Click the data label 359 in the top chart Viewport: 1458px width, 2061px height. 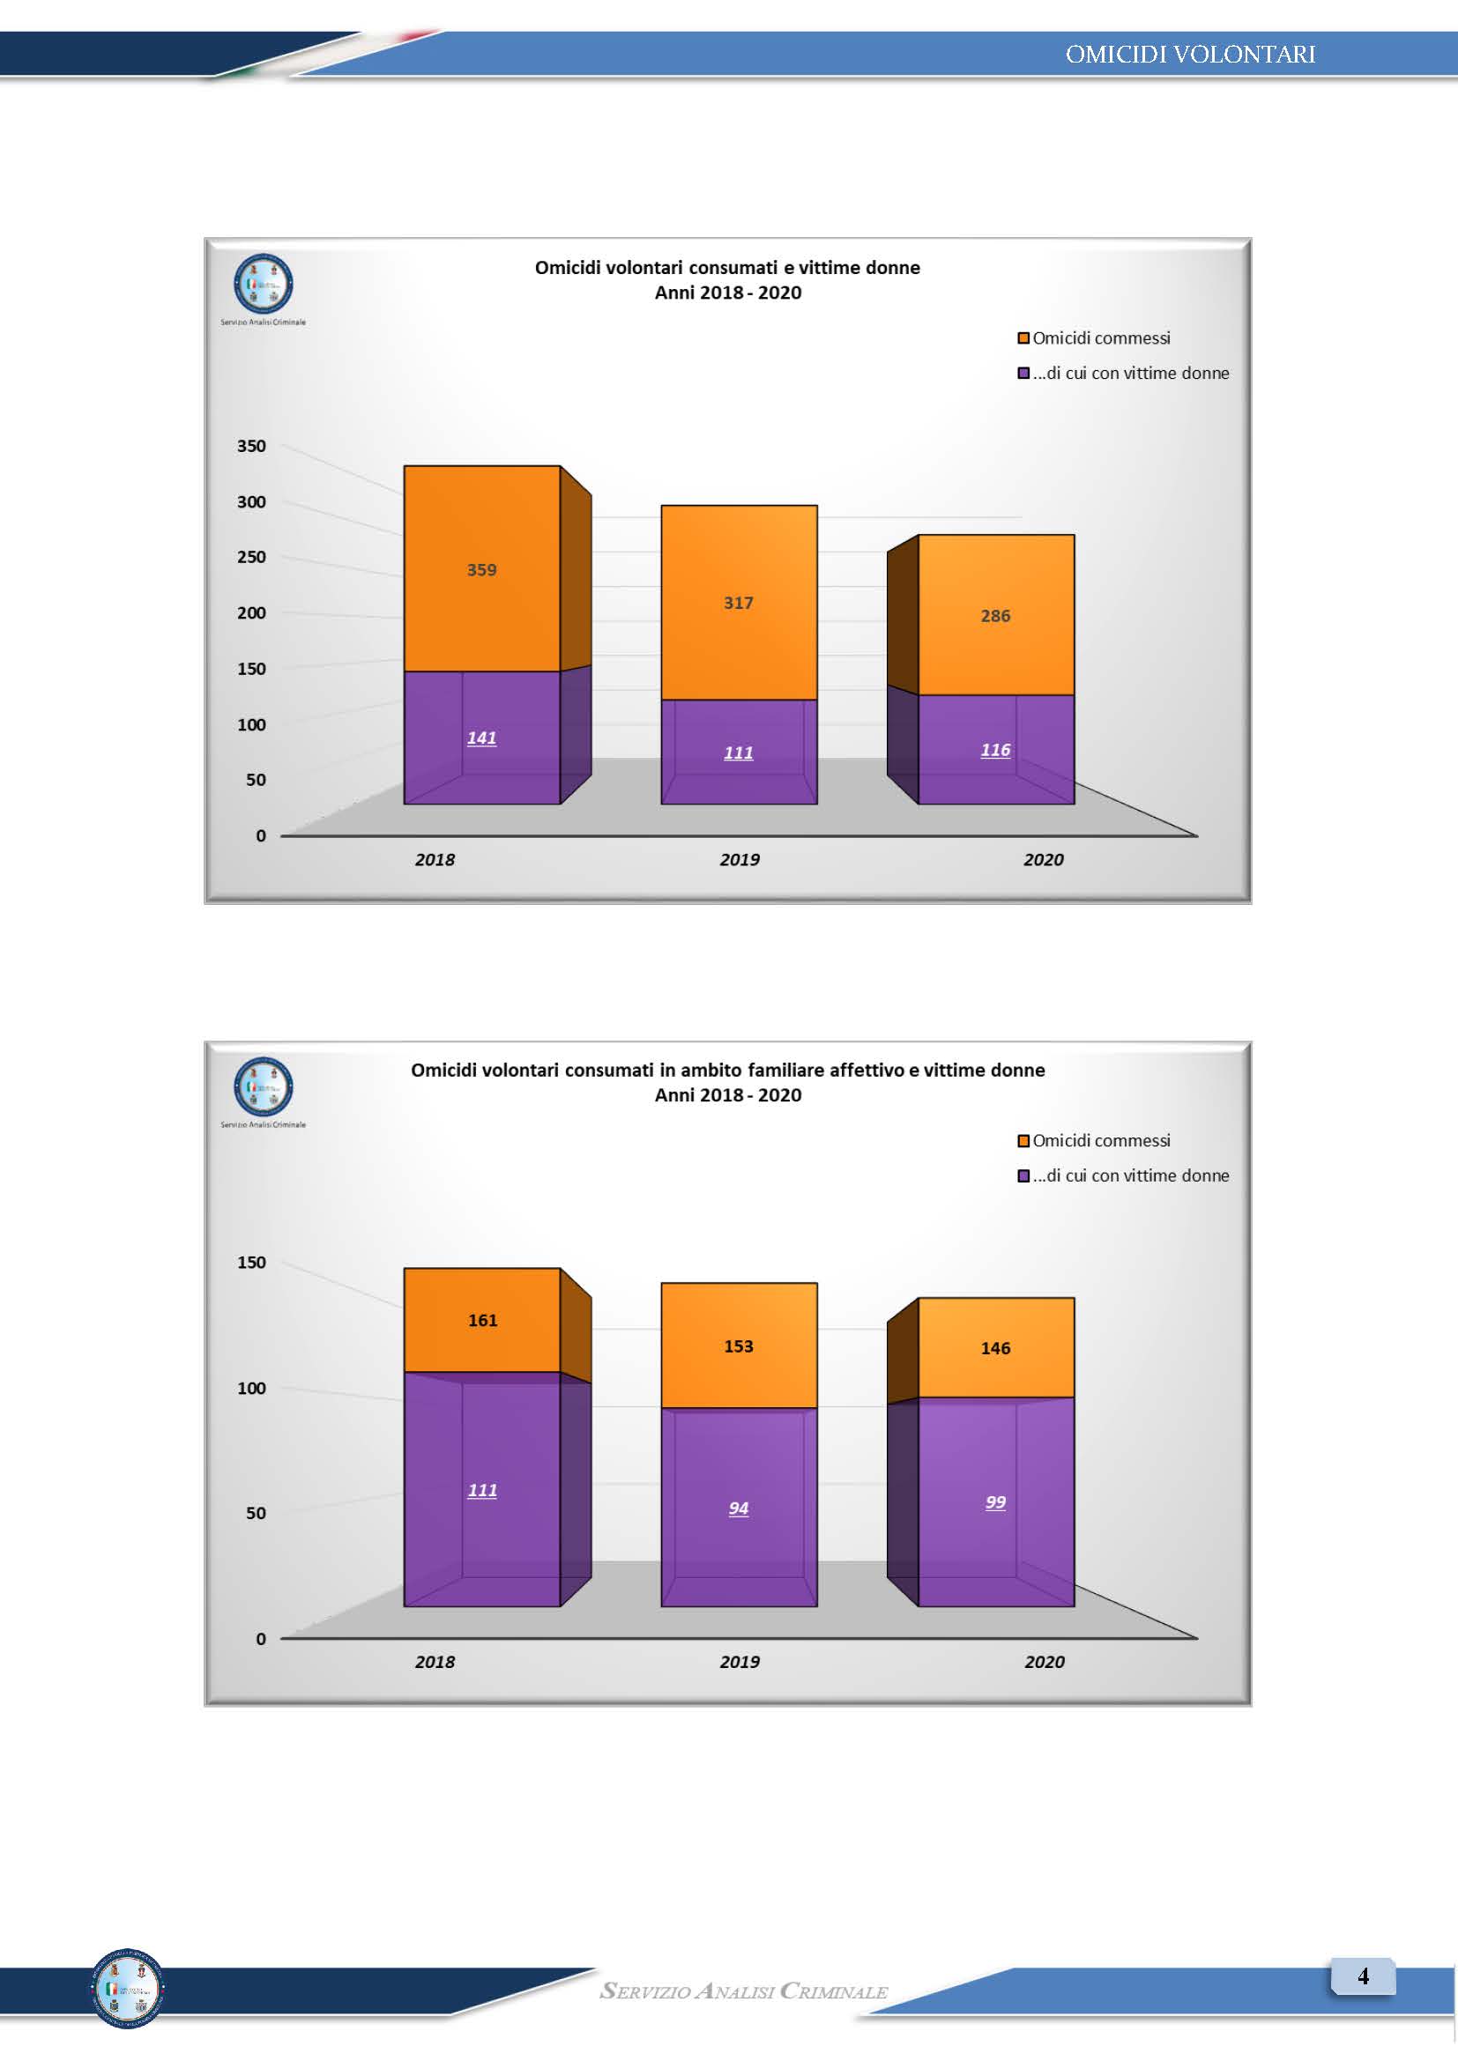[481, 570]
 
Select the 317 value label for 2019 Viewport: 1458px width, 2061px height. [738, 604]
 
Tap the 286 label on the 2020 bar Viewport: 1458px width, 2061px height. [994, 616]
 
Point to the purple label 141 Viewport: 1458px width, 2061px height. [481, 738]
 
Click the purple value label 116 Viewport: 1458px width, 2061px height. [994, 750]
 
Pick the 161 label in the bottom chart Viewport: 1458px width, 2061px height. [482, 1321]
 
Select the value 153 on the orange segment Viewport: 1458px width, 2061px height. [738, 1346]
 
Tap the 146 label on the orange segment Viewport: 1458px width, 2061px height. [994, 1348]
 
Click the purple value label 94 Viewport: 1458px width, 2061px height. [738, 1508]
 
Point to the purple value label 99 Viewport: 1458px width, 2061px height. [994, 1501]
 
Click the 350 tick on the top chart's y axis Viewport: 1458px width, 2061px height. [251, 446]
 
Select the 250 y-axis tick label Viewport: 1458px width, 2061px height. [251, 558]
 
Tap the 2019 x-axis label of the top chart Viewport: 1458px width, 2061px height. [739, 860]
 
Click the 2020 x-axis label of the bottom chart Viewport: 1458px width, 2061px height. [1044, 1662]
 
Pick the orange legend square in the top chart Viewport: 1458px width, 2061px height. [1023, 338]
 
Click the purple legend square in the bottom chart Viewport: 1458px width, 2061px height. [1023, 1176]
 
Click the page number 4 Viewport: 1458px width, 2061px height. [1363, 1976]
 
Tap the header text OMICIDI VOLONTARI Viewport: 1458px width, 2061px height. [1189, 55]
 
